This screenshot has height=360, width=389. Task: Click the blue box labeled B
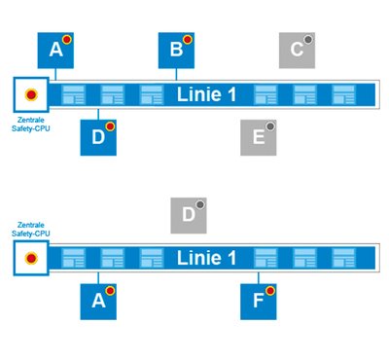pyautogui.click(x=176, y=51)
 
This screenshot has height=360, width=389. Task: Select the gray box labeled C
pyautogui.click(x=297, y=51)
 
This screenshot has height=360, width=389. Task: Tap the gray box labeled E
pyautogui.click(x=259, y=137)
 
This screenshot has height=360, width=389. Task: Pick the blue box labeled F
pyautogui.click(x=259, y=302)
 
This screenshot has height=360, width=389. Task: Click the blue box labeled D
pyautogui.click(x=98, y=137)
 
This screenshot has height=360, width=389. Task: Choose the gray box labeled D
pyautogui.click(x=189, y=215)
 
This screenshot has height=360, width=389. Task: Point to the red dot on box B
pyautogui.click(x=188, y=40)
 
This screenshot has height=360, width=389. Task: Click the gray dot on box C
pyautogui.click(x=308, y=40)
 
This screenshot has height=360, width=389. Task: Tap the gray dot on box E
pyautogui.click(x=269, y=126)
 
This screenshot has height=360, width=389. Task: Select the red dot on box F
pyautogui.click(x=270, y=291)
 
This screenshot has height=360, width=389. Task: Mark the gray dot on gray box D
pyautogui.click(x=200, y=204)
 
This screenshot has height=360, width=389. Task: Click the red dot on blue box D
pyautogui.click(x=110, y=126)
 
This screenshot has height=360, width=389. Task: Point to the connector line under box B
pyautogui.click(x=176, y=74)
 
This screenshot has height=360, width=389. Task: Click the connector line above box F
pyautogui.click(x=259, y=278)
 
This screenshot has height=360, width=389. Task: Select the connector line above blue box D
pyautogui.click(x=98, y=114)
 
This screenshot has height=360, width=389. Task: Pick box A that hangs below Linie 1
pyautogui.click(x=98, y=302)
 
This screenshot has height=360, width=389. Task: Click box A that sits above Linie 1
pyautogui.click(x=55, y=51)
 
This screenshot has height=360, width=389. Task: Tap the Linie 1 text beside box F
pyautogui.click(x=206, y=258)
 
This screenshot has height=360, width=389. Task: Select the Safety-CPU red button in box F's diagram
pyautogui.click(x=31, y=259)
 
